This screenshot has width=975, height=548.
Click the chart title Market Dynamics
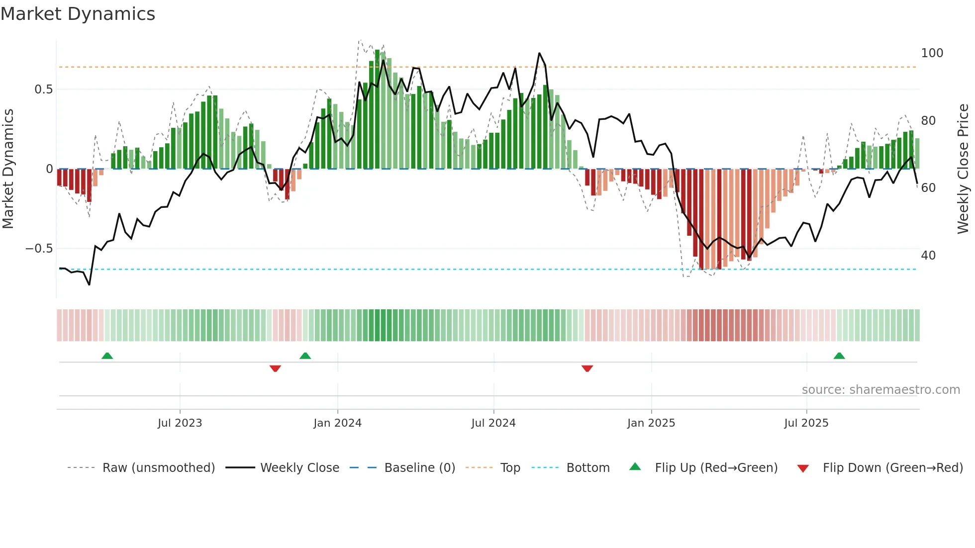[x=78, y=14]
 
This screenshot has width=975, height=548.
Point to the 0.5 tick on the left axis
[x=43, y=90]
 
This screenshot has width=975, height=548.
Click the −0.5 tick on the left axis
[x=39, y=249]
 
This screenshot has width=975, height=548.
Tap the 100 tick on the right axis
[x=932, y=53]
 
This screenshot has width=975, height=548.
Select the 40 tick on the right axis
[x=928, y=256]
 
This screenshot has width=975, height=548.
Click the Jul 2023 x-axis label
[x=180, y=423]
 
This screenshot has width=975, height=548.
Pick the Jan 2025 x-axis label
[x=651, y=423]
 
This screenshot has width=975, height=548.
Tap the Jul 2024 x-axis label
[x=493, y=423]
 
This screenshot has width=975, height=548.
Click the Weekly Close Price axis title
[x=963, y=169]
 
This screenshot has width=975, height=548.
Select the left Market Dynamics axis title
[x=8, y=169]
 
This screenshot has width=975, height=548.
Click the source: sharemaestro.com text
[x=880, y=390]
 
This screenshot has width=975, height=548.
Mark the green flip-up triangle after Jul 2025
[x=839, y=356]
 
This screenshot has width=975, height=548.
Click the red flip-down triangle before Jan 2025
[x=587, y=368]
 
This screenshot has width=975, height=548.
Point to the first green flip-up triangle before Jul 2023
[x=107, y=356]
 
